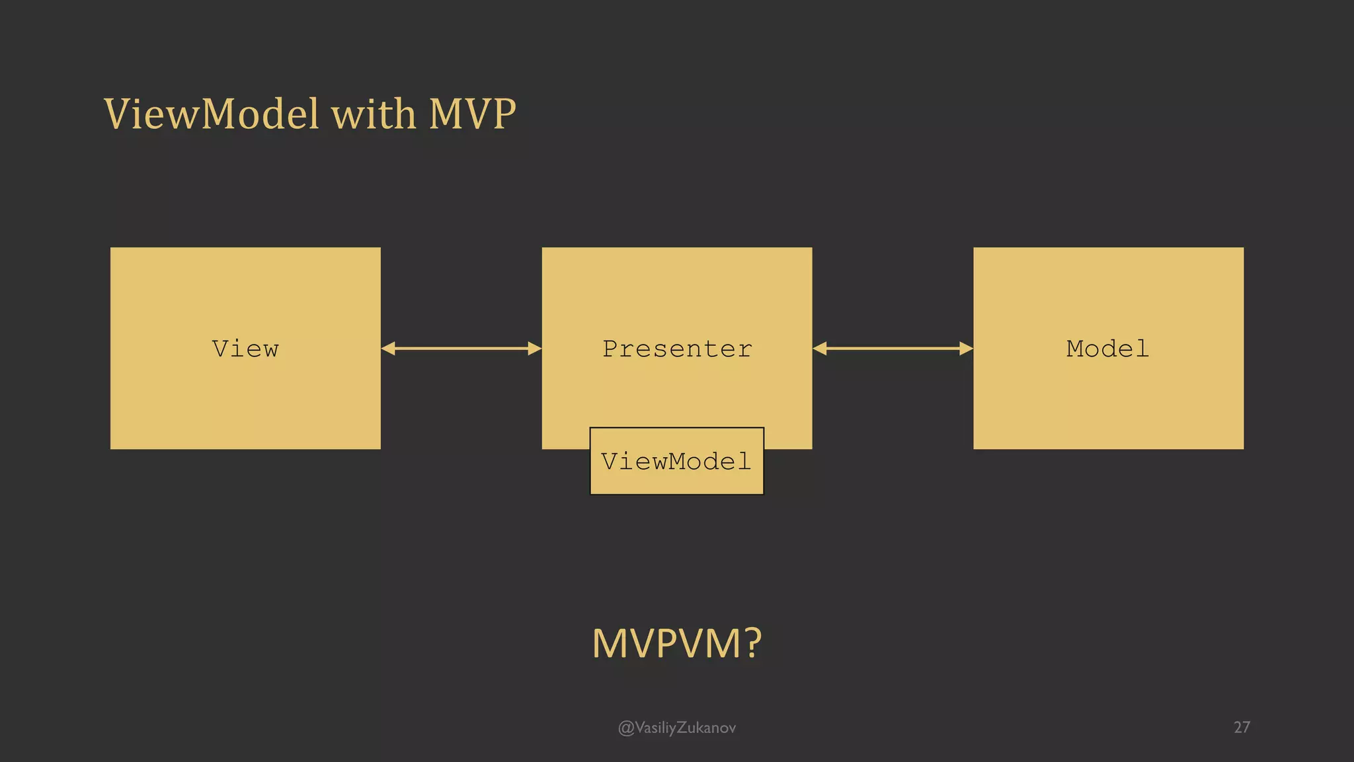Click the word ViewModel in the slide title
212,114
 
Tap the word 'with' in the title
374,114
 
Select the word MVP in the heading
472,114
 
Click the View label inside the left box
245,349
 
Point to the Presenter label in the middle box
677,349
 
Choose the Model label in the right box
1108,349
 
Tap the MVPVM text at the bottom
666,643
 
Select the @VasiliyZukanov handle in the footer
676,728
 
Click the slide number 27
1242,727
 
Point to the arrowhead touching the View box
388,349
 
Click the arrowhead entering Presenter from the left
535,349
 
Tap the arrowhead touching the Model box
966,349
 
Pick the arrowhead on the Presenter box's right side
820,349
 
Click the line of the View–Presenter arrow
461,349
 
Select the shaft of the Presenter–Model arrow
893,349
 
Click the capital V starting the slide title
118,114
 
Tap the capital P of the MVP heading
503,114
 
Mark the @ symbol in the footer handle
625,728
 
